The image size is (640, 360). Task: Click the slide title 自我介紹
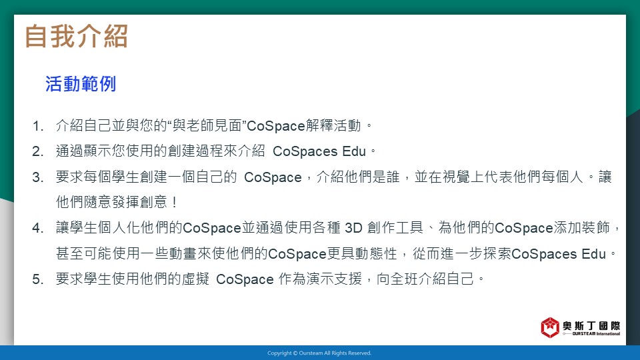tap(76, 36)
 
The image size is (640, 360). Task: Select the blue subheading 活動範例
tap(81, 84)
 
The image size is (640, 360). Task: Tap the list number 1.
tap(37, 126)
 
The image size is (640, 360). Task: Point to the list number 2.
tap(37, 152)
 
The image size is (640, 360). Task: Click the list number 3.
tap(37, 177)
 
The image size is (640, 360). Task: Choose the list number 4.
tap(37, 228)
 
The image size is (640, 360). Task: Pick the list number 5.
tap(37, 279)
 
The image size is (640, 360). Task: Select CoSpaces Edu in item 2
tap(319, 151)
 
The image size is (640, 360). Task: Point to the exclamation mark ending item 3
tap(175, 202)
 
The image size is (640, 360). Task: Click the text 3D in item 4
tap(353, 228)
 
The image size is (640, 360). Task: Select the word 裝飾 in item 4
tap(595, 228)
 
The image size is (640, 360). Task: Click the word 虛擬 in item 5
tap(195, 279)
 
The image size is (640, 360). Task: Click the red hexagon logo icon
tap(550, 327)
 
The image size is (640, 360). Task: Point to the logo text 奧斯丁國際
tap(591, 326)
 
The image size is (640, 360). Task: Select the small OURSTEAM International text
tap(596, 334)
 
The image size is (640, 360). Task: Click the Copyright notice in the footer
tap(319, 353)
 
